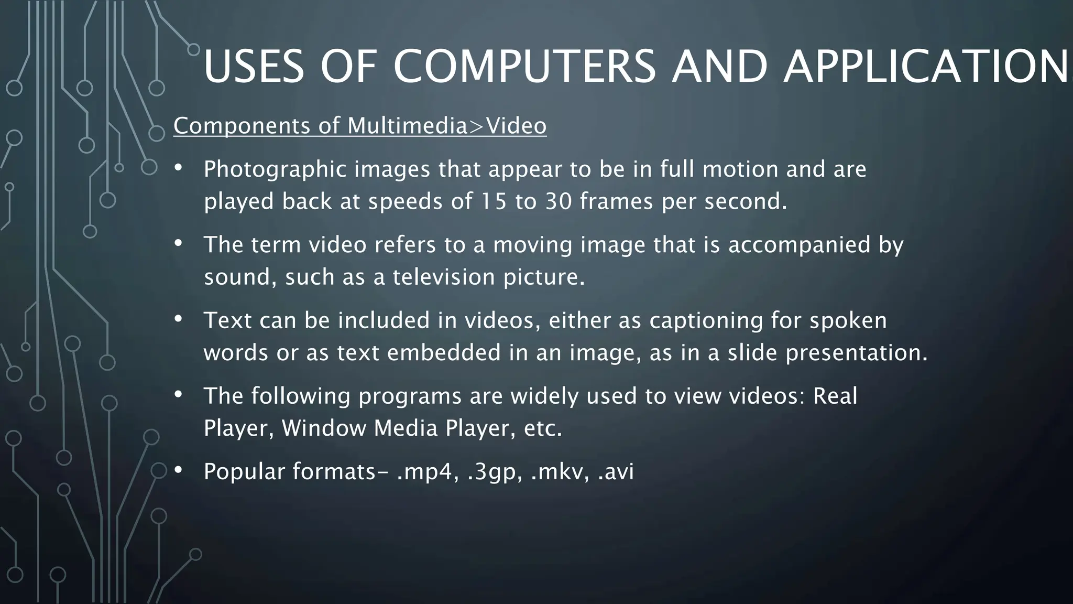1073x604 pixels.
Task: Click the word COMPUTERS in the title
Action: click(x=524, y=67)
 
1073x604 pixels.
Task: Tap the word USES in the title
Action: click(x=254, y=67)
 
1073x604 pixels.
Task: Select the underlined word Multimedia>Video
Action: click(x=447, y=126)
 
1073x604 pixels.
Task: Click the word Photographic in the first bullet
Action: click(x=275, y=169)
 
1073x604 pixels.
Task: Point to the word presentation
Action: click(x=856, y=353)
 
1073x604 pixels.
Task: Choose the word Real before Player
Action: click(x=835, y=396)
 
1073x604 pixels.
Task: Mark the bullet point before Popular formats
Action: click(x=178, y=470)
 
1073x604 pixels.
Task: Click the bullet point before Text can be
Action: click(x=178, y=319)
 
